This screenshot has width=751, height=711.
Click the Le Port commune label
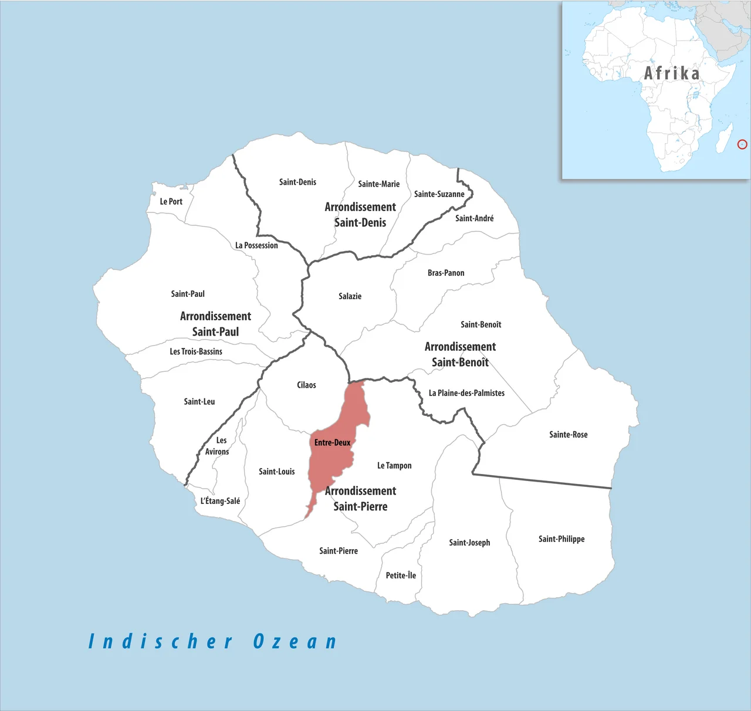[171, 201]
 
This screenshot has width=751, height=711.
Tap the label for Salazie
[350, 296]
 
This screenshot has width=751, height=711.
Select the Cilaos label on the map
[306, 385]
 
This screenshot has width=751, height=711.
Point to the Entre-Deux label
[332, 442]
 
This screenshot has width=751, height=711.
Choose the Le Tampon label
[394, 465]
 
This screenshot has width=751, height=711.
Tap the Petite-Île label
[401, 575]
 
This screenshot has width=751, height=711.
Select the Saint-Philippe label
[561, 539]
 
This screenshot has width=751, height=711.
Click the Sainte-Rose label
[568, 435]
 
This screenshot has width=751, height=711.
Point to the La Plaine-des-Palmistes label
[466, 393]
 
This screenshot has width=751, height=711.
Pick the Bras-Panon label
[446, 273]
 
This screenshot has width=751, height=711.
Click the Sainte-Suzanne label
[439, 194]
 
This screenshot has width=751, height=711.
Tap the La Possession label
[256, 245]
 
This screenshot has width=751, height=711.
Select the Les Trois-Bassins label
[196, 351]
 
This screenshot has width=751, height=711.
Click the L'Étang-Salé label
[220, 501]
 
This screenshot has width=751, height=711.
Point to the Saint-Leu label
[199, 402]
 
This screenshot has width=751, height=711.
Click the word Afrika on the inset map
[672, 73]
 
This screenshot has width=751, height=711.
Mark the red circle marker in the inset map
[742, 144]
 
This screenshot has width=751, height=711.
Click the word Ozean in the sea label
[295, 641]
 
